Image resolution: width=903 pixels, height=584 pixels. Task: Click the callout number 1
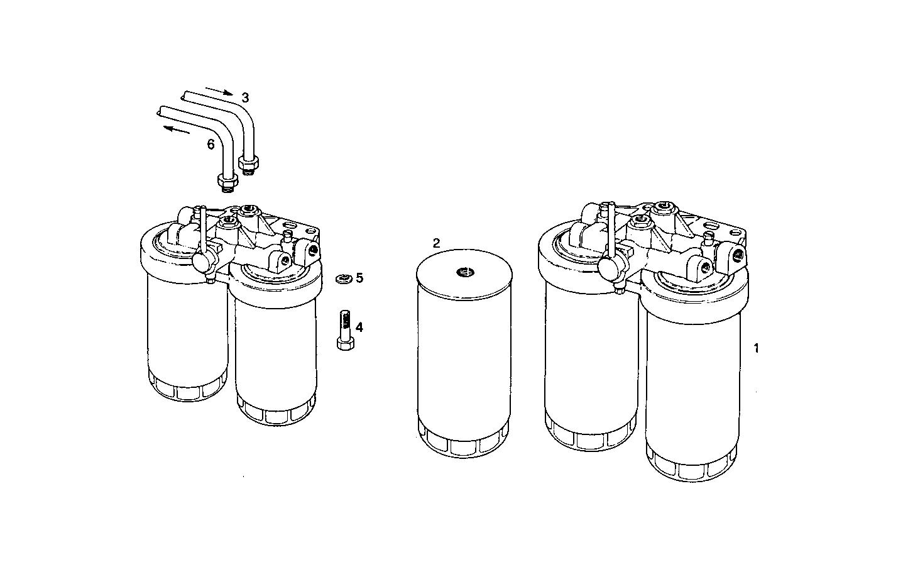pos(757,348)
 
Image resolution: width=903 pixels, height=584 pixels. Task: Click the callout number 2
pos(436,243)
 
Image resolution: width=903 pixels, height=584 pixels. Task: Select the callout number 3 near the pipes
pos(245,97)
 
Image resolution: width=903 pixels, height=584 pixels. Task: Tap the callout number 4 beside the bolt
pos(359,327)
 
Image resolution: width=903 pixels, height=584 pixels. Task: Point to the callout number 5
pos(359,278)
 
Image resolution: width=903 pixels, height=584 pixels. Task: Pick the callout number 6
pos(211,145)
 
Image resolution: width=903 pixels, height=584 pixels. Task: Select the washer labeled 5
pos(342,278)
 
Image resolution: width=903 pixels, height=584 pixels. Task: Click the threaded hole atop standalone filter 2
pos(465,272)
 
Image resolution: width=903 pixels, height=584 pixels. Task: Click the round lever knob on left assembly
pos(204,263)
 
